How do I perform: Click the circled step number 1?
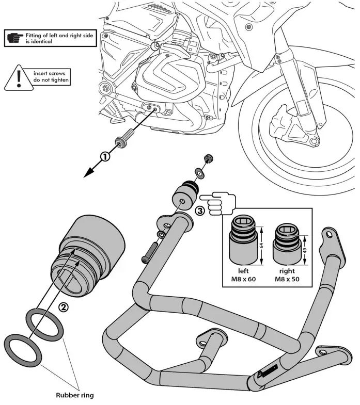coord(105,157)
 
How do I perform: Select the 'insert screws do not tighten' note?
coord(51,77)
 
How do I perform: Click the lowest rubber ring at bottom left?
coord(24,350)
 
